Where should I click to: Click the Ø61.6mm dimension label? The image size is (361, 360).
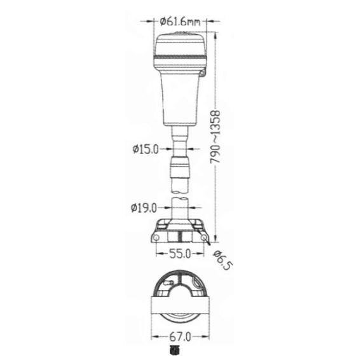(x=180, y=22)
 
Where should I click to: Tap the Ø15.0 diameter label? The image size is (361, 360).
(x=146, y=149)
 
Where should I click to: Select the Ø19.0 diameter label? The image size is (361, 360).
(x=144, y=208)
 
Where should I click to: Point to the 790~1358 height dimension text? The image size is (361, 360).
(x=215, y=137)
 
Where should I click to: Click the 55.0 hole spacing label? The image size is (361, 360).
(x=180, y=254)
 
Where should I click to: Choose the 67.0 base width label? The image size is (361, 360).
(x=180, y=337)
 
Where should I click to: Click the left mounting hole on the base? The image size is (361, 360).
(x=156, y=238)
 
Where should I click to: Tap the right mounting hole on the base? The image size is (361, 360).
(x=204, y=238)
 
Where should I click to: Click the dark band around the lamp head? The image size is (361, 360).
(x=180, y=57)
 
